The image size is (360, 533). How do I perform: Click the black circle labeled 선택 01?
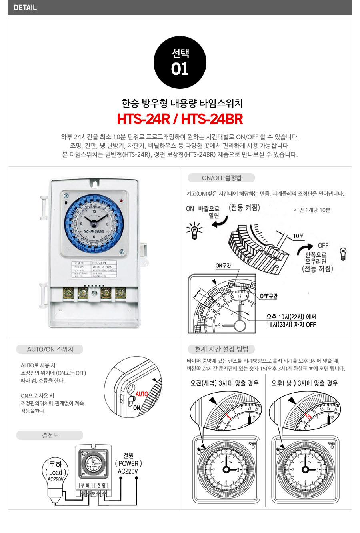180,62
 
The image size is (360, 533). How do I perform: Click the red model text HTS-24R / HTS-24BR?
180,119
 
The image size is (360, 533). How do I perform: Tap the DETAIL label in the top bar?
25,7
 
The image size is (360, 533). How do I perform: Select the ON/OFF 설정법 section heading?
222,178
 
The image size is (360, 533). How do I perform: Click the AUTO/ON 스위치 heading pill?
50,349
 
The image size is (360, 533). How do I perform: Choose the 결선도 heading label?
50,435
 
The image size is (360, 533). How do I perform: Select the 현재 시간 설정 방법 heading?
222,349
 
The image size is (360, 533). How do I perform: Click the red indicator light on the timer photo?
121,200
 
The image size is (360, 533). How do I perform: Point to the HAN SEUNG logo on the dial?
94,231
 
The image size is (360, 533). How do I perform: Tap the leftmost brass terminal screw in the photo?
68,293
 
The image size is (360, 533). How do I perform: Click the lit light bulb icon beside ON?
194,230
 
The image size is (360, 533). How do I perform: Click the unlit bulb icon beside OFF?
343,254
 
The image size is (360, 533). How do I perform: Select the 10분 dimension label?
298,236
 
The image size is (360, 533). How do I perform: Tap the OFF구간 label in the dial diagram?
268,296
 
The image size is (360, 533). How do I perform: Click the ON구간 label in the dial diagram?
223,266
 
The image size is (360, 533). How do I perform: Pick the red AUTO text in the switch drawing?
142,394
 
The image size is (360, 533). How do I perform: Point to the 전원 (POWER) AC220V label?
128,463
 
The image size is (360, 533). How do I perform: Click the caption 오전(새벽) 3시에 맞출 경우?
224,383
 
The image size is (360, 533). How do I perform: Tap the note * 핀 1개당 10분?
312,210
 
